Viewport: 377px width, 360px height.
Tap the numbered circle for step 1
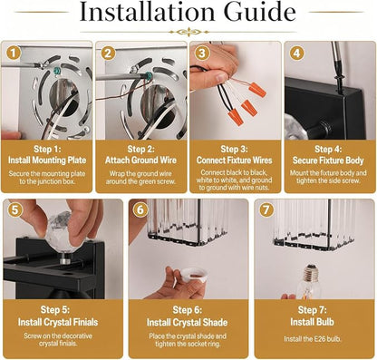coord(13,54)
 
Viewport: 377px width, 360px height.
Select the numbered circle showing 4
coord(297,54)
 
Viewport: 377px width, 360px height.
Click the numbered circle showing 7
coord(266,210)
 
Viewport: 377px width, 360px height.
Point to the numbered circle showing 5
coord(14,210)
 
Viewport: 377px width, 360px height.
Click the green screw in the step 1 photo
coord(56,72)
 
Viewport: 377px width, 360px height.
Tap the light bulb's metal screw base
coord(311,273)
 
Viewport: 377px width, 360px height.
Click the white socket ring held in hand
coord(193,274)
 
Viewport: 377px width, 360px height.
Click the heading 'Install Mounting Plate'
coord(47,160)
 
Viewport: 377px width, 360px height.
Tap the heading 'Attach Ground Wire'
coord(140,160)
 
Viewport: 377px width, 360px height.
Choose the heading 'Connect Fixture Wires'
coord(234,160)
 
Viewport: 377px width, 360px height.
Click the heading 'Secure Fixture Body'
coord(328,161)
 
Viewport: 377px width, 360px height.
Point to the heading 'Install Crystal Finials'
coord(58,322)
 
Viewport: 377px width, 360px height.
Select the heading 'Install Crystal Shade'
coord(187,322)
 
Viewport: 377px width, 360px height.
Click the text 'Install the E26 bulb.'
coord(313,339)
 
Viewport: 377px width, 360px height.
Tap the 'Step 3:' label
coord(234,149)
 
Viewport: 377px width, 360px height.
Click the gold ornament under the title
coord(189,32)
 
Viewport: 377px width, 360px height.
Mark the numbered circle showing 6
coord(140,209)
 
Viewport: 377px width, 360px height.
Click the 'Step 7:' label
coord(313,309)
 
